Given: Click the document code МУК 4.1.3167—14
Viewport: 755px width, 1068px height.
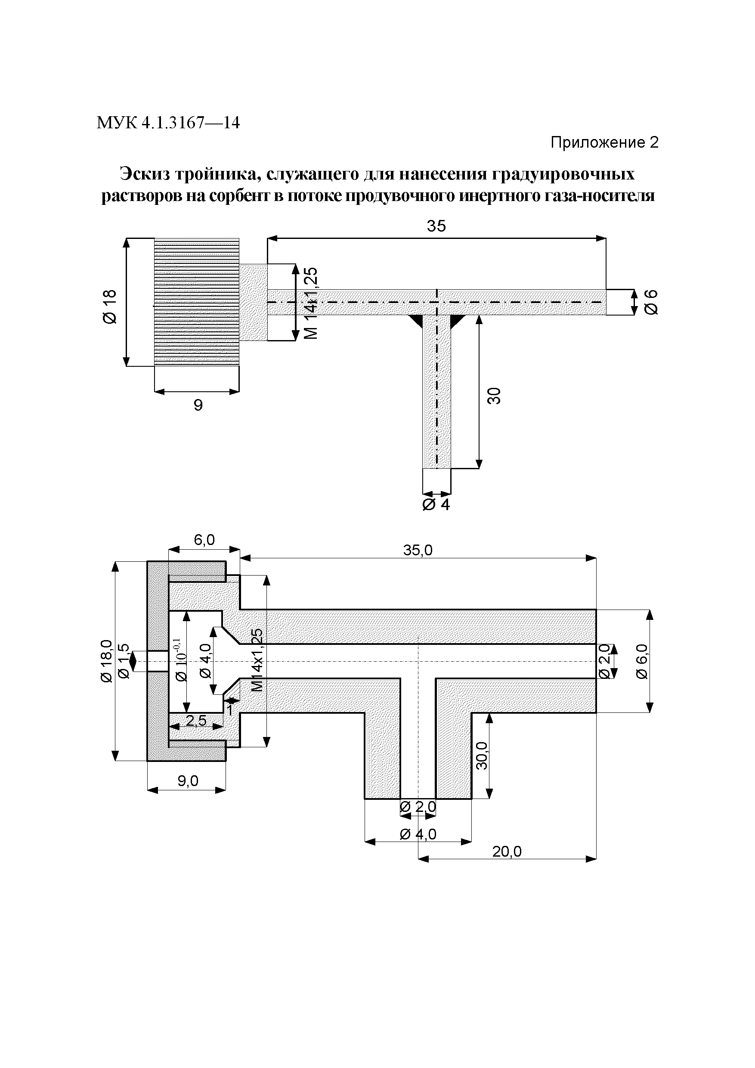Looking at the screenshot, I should click(168, 123).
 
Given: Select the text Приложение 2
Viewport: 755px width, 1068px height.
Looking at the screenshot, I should click(604, 142).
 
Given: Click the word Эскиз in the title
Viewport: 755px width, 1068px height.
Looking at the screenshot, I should click(144, 174).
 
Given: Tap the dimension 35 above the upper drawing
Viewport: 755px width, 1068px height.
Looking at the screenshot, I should click(436, 226).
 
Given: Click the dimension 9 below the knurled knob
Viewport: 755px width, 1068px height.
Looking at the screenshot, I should click(198, 405).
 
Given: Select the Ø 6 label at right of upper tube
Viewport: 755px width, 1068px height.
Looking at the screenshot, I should click(651, 302).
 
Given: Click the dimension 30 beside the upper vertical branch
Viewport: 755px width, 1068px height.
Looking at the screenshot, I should click(495, 395).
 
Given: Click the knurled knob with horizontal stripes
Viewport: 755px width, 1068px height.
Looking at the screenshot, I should click(197, 302).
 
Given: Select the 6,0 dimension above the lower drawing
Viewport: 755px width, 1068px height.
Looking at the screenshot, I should click(204, 539).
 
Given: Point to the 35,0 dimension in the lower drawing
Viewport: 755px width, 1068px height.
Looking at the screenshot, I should click(418, 551).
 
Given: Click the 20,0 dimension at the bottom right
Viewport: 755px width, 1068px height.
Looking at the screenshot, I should click(507, 851).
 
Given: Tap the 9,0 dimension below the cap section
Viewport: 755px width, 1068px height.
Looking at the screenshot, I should click(188, 781).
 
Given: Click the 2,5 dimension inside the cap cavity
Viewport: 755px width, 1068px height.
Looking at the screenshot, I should click(196, 721).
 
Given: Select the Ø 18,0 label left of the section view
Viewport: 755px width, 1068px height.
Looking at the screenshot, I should click(106, 660).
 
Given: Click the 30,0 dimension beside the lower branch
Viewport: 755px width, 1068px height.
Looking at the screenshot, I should click(482, 755).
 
